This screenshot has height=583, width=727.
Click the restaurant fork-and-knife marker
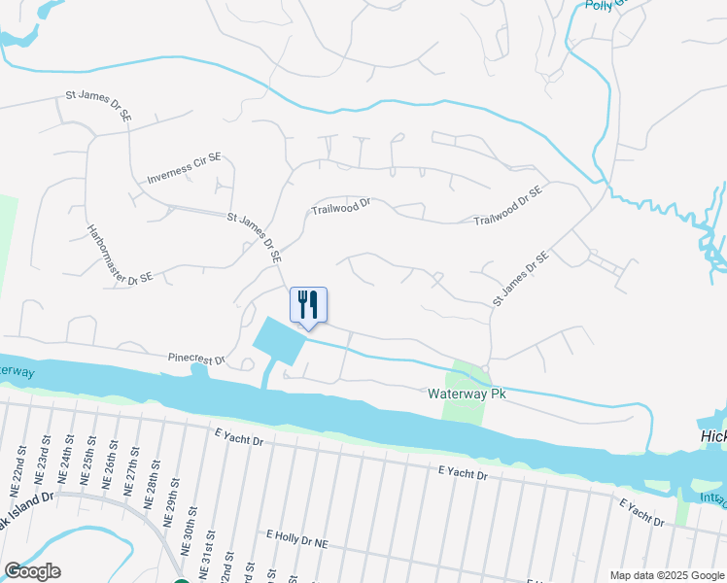point(308,305)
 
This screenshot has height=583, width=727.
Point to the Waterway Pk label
point(467,394)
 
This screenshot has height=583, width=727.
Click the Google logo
point(32,571)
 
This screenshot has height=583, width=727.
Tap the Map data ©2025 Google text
point(667,575)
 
